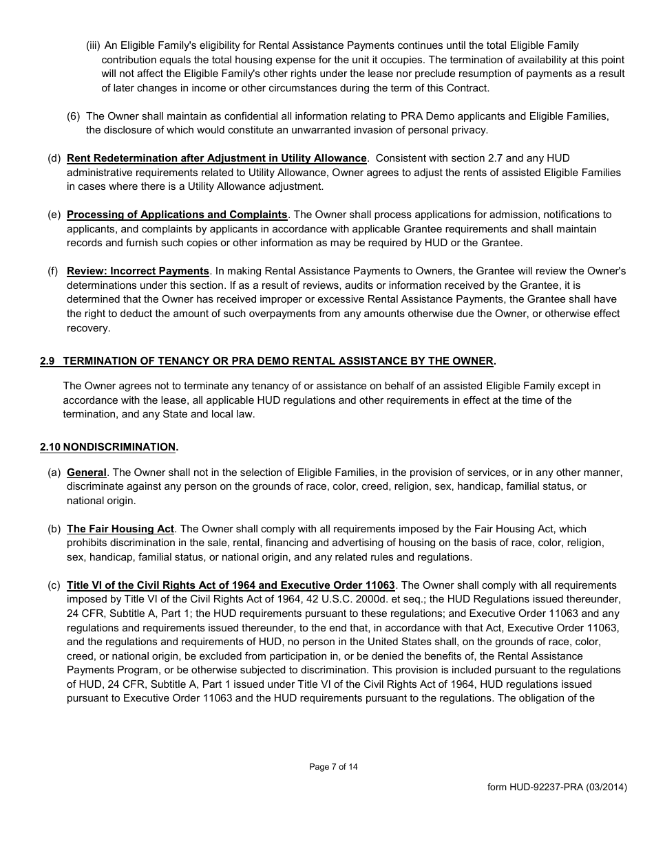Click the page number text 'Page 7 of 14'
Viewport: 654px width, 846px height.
point(333,767)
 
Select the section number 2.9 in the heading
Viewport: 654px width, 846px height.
point(48,361)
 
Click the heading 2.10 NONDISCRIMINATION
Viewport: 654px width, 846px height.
point(108,447)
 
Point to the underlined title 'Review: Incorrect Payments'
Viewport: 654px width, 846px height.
point(138,271)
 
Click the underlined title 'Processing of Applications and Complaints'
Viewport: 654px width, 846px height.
point(177,215)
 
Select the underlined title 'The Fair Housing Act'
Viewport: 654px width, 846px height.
point(120,529)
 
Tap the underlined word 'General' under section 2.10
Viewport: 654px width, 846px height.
point(87,473)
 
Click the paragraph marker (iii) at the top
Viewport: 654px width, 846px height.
point(93,46)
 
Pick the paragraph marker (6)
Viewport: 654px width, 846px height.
point(74,116)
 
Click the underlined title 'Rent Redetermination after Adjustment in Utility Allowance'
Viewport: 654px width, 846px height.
point(216,158)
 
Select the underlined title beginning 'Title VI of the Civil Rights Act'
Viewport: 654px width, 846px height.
point(231,585)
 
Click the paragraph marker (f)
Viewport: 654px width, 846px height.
point(53,271)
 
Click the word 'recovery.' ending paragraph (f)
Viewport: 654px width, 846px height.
point(88,327)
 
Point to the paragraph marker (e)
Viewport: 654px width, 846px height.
point(54,215)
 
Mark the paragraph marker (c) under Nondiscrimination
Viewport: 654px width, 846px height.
point(54,585)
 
